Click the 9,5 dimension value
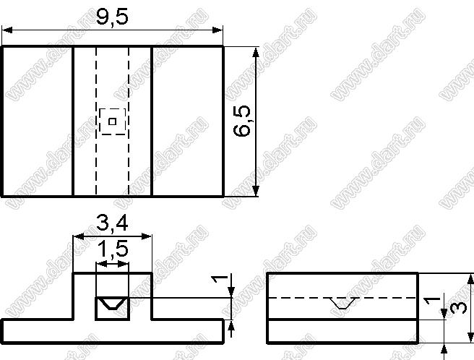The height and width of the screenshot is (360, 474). (112, 17)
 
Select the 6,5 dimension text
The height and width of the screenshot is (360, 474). (242, 121)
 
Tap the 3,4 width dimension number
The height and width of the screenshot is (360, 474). (112, 223)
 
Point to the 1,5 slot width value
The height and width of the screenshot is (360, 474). (113, 249)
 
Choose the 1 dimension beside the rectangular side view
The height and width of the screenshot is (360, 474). (432, 301)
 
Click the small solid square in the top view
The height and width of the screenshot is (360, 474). (113, 121)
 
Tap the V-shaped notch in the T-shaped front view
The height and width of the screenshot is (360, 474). (113, 304)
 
